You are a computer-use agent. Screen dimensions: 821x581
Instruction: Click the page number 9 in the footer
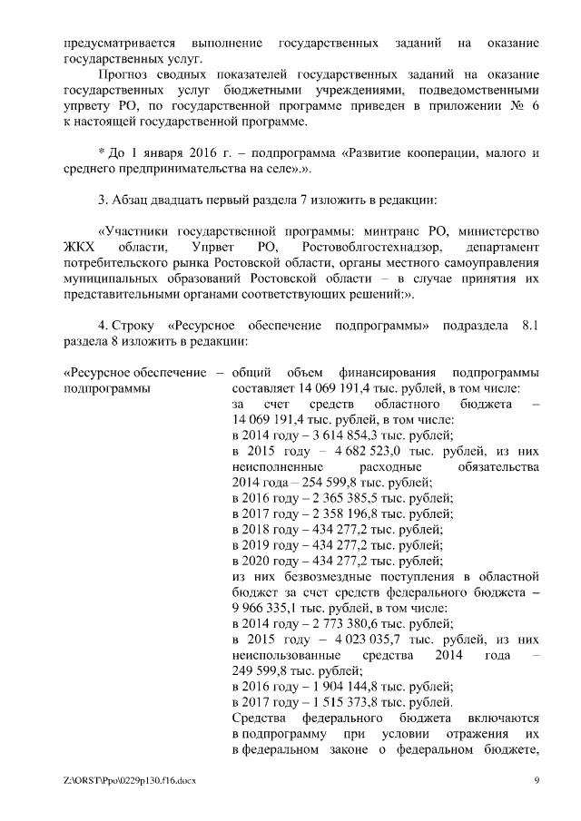tap(537, 780)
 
